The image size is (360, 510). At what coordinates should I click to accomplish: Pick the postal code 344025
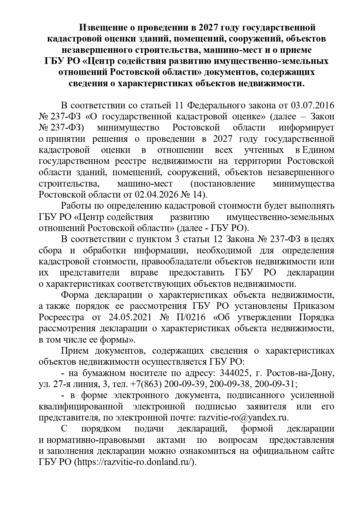point(233,373)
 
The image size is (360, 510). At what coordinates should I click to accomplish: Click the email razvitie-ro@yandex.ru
point(242,418)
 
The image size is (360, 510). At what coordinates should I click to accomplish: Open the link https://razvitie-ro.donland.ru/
point(135,462)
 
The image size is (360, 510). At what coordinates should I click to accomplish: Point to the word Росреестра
point(61,317)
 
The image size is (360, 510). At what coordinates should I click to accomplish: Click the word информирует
point(307,128)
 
